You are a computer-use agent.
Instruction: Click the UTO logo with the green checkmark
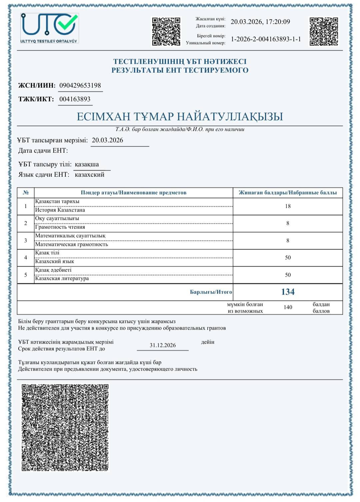[x=50, y=28]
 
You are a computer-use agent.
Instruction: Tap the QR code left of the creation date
[x=166, y=31]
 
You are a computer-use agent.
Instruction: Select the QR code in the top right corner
[x=324, y=31]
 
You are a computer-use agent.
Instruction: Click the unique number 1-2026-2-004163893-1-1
[x=266, y=39]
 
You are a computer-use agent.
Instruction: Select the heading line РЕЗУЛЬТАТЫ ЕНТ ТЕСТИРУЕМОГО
[x=180, y=70]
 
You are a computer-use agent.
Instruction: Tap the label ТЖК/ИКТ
[x=36, y=99]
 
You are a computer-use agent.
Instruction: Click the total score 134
[x=288, y=292]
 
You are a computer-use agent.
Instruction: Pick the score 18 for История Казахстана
[x=288, y=206]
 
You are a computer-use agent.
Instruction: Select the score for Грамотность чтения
[x=288, y=223]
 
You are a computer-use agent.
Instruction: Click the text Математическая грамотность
[x=72, y=244]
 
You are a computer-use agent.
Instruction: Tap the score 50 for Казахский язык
[x=288, y=258]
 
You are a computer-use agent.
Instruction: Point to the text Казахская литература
[x=62, y=278]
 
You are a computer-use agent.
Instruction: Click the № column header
[x=26, y=192]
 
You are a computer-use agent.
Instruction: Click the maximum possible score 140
[x=288, y=307]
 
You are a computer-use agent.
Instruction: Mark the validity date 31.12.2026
[x=163, y=345]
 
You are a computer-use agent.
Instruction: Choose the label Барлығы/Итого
[x=211, y=292]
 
